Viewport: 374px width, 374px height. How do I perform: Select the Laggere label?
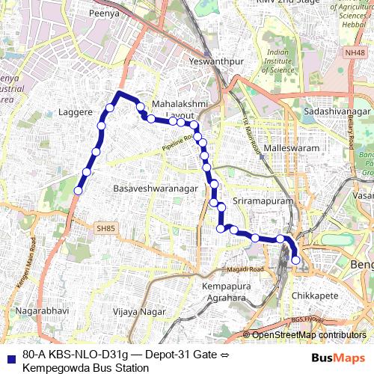(74, 112)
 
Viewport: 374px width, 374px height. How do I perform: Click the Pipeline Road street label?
(178, 144)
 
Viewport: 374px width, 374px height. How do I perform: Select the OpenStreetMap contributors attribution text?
(308, 335)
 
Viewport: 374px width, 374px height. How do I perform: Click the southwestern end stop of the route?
(78, 191)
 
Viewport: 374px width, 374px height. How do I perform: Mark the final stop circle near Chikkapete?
(295, 260)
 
